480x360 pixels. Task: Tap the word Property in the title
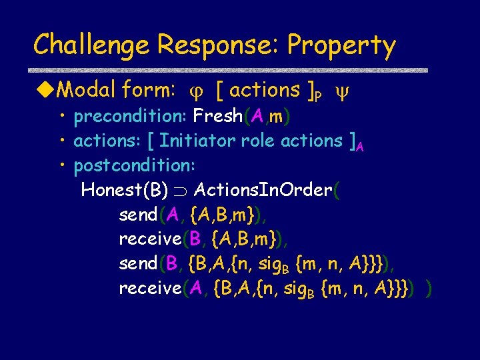click(342, 45)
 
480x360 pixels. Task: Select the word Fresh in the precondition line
click(217, 117)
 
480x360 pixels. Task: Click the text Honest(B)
click(124, 190)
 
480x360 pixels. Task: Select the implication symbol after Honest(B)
click(180, 191)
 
